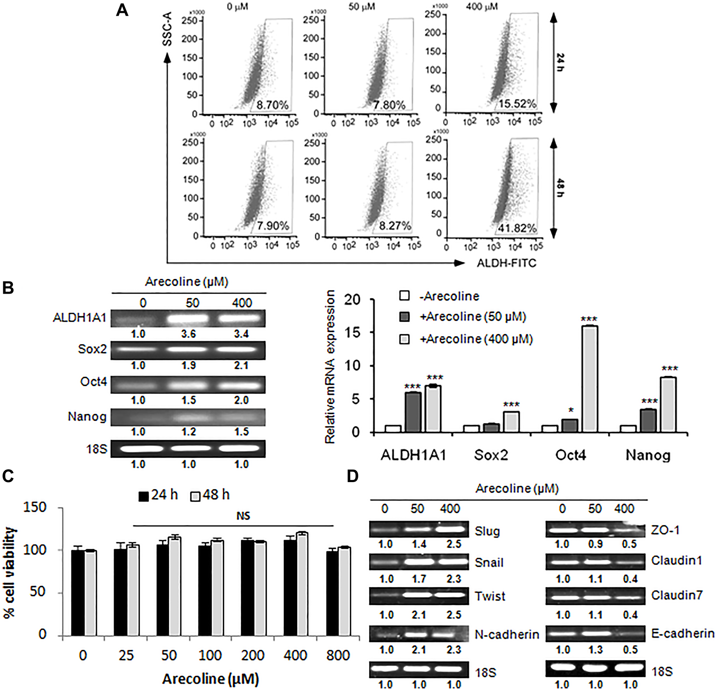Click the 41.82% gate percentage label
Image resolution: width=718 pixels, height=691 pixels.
coord(517,229)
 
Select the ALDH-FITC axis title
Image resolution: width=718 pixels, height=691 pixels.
coord(506,263)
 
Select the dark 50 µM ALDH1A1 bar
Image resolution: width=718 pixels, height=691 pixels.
coord(413,412)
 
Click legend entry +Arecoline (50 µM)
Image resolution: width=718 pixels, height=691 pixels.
coord(472,317)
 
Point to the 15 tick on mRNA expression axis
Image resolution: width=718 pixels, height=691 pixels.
coord(354,332)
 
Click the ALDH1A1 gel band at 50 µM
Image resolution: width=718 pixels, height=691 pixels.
coord(192,318)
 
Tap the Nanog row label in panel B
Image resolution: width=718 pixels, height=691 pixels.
coord(87,417)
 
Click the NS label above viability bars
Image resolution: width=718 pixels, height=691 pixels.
coord(243,516)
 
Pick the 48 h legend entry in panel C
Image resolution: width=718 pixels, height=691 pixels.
coord(210,495)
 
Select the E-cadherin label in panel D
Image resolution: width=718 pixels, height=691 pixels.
coord(682,634)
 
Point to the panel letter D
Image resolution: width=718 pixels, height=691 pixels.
coord(352,476)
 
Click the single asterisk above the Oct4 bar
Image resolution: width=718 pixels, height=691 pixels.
coord(571,410)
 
